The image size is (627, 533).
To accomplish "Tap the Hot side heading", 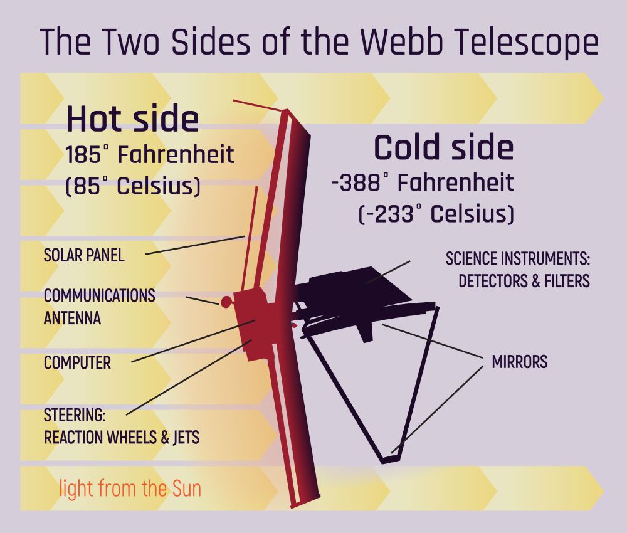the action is pyautogui.click(x=133, y=119).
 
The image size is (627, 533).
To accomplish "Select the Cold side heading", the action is pyautogui.click(x=443, y=147).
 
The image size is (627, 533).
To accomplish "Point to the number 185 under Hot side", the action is pyautogui.click(x=83, y=155).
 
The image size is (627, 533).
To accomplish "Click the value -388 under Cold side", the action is pyautogui.click(x=356, y=182).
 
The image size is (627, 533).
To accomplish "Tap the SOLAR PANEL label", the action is pyautogui.click(x=84, y=255).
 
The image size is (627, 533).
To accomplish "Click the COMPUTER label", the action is pyautogui.click(x=77, y=363).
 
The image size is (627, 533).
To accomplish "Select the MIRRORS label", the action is pyautogui.click(x=519, y=361).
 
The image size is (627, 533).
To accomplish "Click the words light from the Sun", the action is pyautogui.click(x=130, y=488).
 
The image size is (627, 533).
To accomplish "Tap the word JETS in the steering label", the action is pyautogui.click(x=186, y=438).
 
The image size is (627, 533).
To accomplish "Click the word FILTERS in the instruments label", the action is pyautogui.click(x=567, y=281).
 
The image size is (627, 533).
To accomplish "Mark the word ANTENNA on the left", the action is pyautogui.click(x=72, y=319).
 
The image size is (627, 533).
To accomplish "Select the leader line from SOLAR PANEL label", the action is pyautogui.click(x=195, y=245).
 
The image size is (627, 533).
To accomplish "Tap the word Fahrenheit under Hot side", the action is pyautogui.click(x=176, y=154).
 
